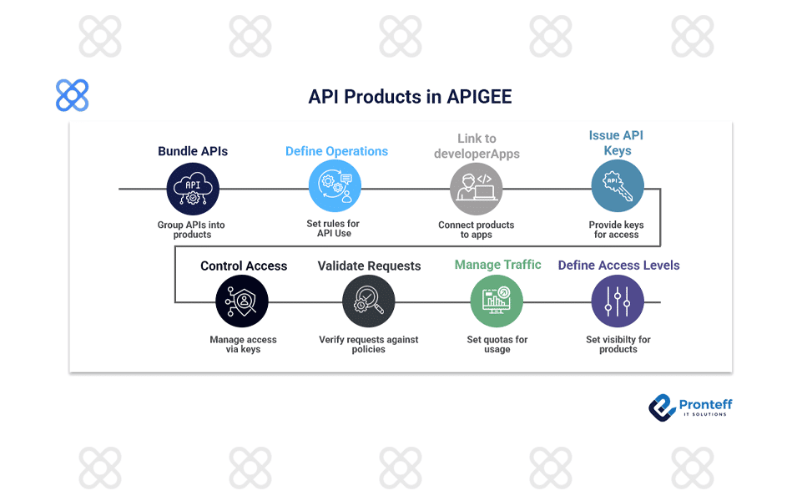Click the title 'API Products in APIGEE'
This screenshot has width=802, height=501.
[x=410, y=97]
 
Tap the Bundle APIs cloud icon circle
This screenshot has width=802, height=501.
[x=193, y=189]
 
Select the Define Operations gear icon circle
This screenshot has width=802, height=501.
[x=335, y=186]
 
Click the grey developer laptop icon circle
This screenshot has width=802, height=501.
[x=477, y=189]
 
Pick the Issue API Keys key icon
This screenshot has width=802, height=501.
[x=618, y=186]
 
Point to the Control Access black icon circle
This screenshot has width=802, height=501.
[x=242, y=301]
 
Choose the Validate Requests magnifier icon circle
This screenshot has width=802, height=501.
[x=368, y=301]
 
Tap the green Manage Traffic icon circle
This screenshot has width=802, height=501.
[x=497, y=301]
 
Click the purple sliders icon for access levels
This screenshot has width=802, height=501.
[x=618, y=301]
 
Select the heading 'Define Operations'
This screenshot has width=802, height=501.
[x=336, y=151]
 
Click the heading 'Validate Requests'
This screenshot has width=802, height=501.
[x=369, y=266]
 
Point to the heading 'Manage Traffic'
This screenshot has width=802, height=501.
[x=497, y=265]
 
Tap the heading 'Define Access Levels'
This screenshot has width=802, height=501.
[x=618, y=265]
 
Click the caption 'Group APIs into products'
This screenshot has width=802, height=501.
[x=192, y=230]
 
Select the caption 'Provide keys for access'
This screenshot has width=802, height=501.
[x=617, y=230]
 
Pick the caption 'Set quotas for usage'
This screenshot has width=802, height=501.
[x=497, y=344]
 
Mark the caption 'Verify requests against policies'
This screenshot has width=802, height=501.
[x=369, y=344]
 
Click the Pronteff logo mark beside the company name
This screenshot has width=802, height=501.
[x=662, y=407]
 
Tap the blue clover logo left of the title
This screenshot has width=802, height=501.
[x=73, y=96]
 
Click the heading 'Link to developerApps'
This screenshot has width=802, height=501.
[x=477, y=146]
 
